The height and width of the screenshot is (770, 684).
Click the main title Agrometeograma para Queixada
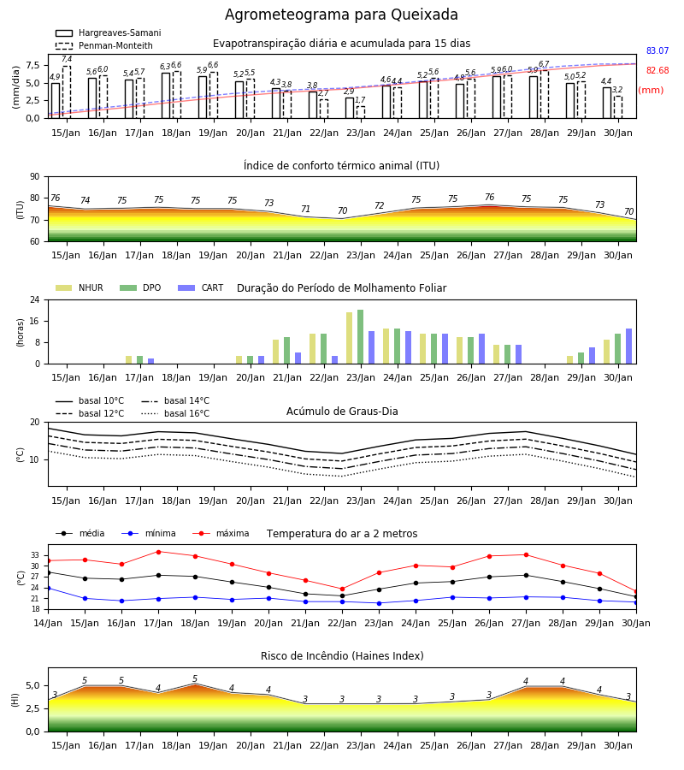(x=341, y=15)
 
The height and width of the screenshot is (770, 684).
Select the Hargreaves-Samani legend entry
(x=109, y=33)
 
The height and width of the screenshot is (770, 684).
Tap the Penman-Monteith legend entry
(x=104, y=45)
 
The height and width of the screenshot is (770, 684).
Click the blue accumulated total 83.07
(x=657, y=50)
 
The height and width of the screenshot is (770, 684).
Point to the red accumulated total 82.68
(x=657, y=70)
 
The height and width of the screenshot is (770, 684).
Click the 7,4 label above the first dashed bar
(x=67, y=59)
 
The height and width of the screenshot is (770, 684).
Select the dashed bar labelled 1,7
(x=361, y=112)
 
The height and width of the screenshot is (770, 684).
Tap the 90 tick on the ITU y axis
(x=35, y=177)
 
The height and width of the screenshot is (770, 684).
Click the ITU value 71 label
(x=306, y=210)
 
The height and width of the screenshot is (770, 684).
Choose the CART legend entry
(x=200, y=287)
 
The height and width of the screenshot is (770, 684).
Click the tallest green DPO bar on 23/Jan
(x=361, y=337)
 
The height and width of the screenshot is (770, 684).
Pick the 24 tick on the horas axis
(x=35, y=299)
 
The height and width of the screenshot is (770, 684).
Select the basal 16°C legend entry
(x=175, y=413)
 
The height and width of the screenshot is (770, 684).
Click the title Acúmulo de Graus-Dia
(x=342, y=411)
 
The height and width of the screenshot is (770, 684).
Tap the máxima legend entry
(x=221, y=533)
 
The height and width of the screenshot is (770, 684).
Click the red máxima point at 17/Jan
(x=158, y=552)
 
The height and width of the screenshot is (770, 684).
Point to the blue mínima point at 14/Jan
(x=48, y=588)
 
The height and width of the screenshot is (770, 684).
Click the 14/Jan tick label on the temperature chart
(x=48, y=623)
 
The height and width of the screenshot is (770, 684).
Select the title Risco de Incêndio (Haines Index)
(x=342, y=656)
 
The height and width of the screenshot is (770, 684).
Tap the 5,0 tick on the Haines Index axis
(x=32, y=686)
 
